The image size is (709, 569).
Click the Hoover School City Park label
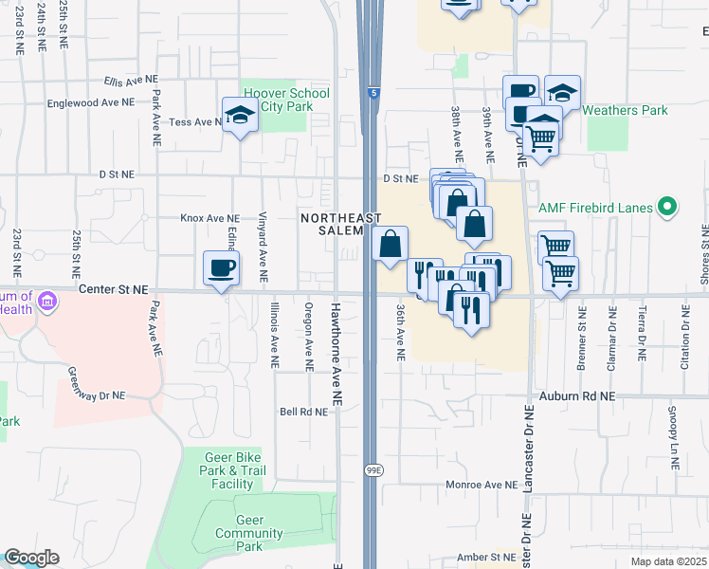286,100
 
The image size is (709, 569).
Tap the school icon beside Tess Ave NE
240,116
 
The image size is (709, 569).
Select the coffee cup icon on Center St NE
221,268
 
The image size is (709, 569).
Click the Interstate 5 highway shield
373,94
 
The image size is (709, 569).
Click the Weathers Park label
625,110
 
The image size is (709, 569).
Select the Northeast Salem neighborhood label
332,225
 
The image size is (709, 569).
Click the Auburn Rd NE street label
577,395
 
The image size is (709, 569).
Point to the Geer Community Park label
249,533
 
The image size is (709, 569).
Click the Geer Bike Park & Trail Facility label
232,470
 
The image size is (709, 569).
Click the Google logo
31,558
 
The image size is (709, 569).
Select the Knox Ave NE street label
209,217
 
